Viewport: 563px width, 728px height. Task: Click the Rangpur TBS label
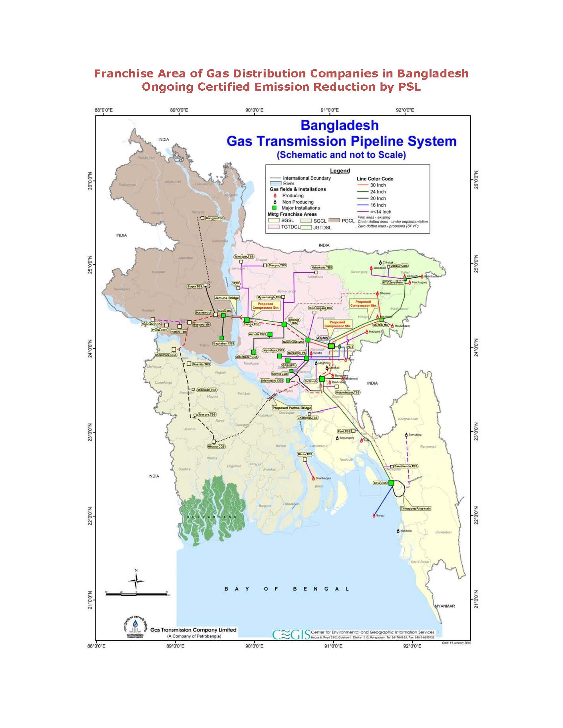click(x=215, y=218)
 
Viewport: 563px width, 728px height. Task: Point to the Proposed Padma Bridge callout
click(x=291, y=408)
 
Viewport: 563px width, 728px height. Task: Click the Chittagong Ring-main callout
click(x=415, y=509)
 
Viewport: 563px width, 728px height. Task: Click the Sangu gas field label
click(x=380, y=516)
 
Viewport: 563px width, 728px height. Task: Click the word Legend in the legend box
click(x=340, y=171)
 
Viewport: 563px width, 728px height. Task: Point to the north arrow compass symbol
click(x=136, y=580)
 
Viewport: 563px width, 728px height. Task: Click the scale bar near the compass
click(x=136, y=594)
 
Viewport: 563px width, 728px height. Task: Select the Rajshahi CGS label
click(x=151, y=324)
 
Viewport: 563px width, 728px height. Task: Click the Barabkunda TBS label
click(x=406, y=466)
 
